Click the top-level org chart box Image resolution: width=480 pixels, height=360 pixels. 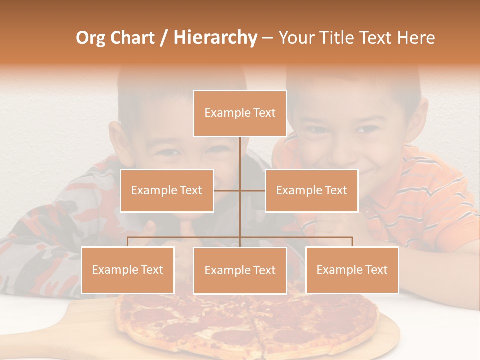(240, 113)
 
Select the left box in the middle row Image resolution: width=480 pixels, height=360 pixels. (167, 190)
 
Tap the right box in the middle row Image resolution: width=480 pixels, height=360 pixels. (311, 190)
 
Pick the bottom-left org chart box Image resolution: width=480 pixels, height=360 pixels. (128, 270)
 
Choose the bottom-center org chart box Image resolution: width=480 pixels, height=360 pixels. (240, 270)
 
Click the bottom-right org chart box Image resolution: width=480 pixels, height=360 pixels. (352, 270)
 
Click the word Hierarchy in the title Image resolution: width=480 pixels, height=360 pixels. (215, 38)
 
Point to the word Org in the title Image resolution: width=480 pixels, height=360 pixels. (91, 38)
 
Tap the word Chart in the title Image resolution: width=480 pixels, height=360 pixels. (133, 38)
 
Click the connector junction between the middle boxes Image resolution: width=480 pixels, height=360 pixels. (240, 190)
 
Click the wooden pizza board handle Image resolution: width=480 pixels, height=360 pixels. (90, 320)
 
